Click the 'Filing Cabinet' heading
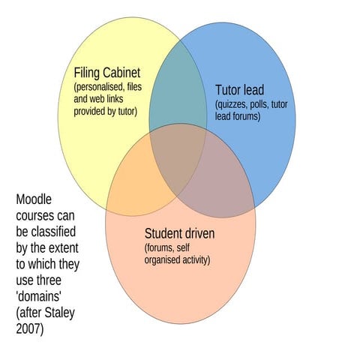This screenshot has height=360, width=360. [107, 73]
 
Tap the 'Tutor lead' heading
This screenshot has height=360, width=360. [239, 90]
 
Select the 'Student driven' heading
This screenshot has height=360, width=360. [179, 234]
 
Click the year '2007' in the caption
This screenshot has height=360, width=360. [29, 329]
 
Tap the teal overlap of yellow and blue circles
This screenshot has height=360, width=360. [177, 94]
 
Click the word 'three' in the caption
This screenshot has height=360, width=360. [61, 280]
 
